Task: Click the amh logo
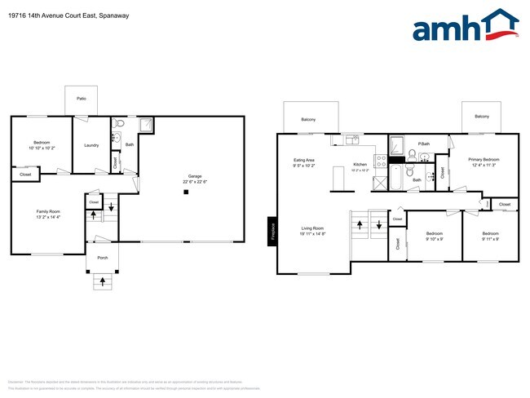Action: coord(466,26)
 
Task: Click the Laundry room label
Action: coord(91,146)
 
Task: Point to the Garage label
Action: coord(195,175)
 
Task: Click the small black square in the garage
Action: coord(187,192)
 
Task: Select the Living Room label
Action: coord(313,228)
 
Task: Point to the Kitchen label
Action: coord(360,165)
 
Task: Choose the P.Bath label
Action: coord(423,144)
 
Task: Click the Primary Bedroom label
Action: coord(484,159)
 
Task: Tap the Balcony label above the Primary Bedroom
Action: coord(482,117)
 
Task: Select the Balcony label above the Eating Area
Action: coord(308,120)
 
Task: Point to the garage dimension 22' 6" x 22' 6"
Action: coord(195,181)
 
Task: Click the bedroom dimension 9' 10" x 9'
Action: coord(435,239)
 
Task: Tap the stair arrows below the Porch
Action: coord(102,282)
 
